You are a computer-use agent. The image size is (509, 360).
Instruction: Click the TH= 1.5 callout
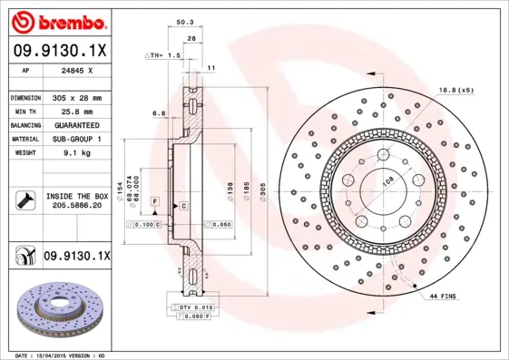tap(163, 56)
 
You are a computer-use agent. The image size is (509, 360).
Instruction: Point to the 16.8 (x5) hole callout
tap(455, 90)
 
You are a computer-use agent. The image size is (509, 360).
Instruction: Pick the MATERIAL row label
tap(24, 139)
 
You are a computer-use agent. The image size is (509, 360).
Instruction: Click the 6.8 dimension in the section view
tap(159, 113)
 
